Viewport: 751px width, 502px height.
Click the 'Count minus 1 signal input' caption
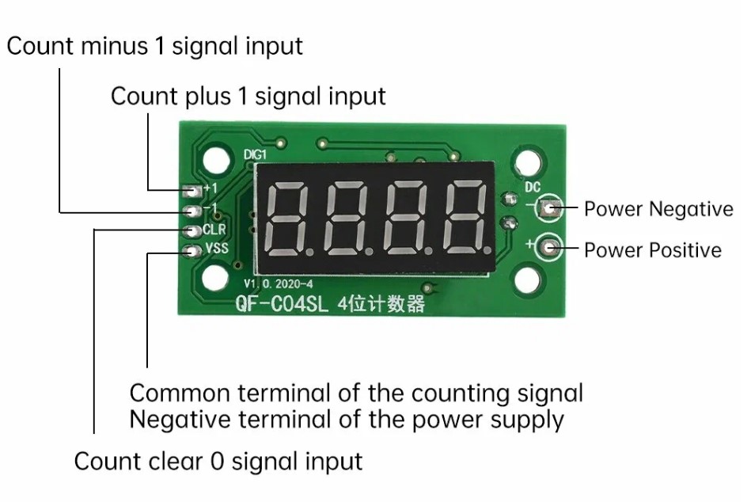pos(155,46)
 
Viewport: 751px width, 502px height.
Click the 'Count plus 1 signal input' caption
pos(248,97)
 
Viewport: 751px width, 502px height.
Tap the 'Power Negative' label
pos(658,209)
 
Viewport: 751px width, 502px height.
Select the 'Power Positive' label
pos(653,250)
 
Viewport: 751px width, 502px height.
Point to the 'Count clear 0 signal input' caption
pos(218,461)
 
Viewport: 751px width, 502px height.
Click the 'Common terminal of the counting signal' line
pos(356,393)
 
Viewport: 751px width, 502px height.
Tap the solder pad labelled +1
pos(190,190)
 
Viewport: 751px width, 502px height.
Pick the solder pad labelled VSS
pos(190,253)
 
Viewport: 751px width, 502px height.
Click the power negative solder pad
pos(548,209)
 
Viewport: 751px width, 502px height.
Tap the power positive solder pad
pos(548,247)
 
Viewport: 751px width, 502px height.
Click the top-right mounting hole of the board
pos(527,165)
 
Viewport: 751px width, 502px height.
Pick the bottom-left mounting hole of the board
pos(213,277)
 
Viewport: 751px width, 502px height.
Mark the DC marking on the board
pos(533,188)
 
